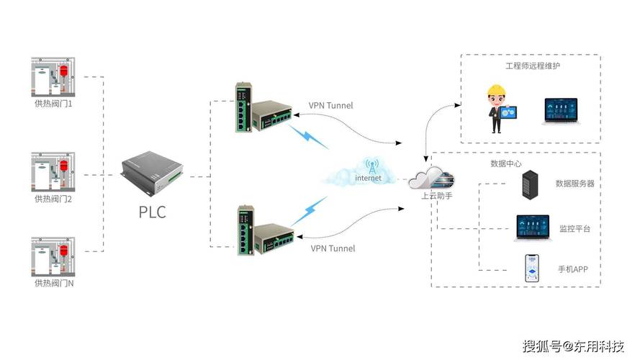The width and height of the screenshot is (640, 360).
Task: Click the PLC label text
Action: (x=152, y=212)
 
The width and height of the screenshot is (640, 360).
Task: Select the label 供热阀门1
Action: (x=54, y=105)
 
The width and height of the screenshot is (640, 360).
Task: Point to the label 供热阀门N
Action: (x=54, y=284)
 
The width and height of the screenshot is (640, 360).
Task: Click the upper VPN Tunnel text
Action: (x=331, y=105)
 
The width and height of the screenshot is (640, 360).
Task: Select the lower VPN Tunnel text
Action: (x=333, y=248)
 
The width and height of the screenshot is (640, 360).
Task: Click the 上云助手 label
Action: (x=437, y=196)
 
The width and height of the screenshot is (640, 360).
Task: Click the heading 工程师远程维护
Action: (x=533, y=66)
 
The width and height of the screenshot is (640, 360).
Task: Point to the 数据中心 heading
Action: (x=505, y=163)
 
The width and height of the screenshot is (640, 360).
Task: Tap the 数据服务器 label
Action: (x=575, y=184)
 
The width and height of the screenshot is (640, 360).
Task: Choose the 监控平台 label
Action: (x=574, y=228)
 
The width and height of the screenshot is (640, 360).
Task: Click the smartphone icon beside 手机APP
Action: (x=532, y=269)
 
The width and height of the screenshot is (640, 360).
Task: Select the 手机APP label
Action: (x=573, y=270)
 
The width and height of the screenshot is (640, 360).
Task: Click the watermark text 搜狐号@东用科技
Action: (x=572, y=346)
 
